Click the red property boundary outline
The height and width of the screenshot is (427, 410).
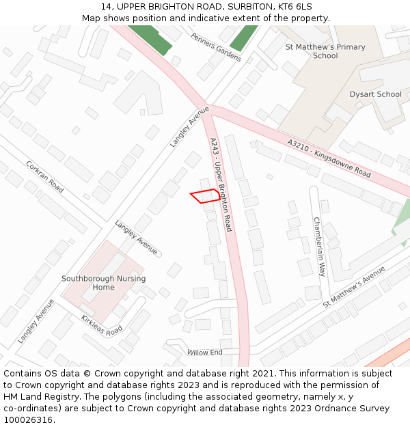coord(206,196)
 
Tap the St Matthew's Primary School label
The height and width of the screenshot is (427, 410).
coord(325,51)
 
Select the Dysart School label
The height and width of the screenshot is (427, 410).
coord(375,94)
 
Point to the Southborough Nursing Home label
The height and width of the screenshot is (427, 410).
coord(103,283)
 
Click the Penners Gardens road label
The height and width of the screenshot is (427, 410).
coord(216,47)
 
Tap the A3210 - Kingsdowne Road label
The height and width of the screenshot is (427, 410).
coord(329,159)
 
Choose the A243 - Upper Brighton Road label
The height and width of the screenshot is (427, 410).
coord(221,184)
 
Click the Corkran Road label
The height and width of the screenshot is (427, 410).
coord(44,176)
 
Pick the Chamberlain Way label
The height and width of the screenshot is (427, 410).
coord(318,247)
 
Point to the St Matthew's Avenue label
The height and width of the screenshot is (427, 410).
coord(354,287)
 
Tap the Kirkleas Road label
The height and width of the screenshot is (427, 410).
coord(102,325)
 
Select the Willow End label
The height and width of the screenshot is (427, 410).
coord(205,352)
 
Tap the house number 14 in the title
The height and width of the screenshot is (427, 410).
coord(106,6)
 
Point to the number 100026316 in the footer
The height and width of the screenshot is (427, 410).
coord(28,420)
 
